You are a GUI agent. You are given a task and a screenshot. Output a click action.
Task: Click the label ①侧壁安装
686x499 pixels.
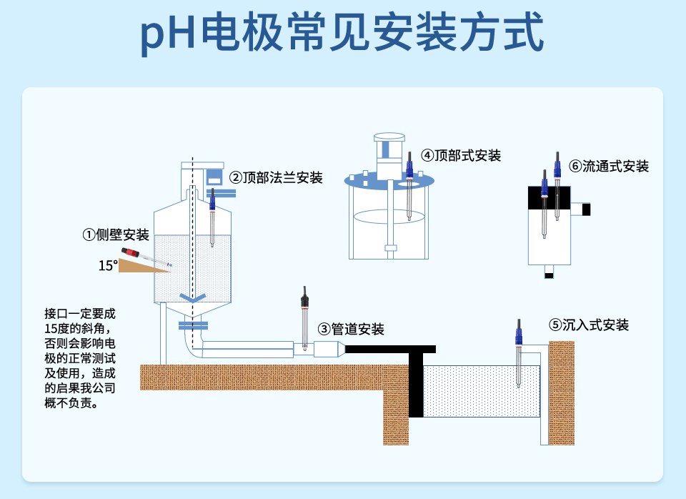coord(115,235)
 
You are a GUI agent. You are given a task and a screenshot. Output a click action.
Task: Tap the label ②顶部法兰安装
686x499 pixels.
coord(276,177)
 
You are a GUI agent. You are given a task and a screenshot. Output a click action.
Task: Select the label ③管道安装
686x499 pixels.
coord(351,329)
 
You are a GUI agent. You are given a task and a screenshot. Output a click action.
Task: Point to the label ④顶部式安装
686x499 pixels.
coord(461,155)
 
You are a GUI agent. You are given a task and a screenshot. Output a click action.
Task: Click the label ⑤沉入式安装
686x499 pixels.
coord(589,325)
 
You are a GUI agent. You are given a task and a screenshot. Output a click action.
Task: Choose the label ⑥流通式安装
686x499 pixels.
coord(609,167)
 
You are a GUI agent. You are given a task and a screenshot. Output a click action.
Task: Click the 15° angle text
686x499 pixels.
coord(108,266)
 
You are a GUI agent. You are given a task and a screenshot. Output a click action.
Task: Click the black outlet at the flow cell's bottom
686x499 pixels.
coord(549,274)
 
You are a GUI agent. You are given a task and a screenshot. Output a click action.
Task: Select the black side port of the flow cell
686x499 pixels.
coord(586,209)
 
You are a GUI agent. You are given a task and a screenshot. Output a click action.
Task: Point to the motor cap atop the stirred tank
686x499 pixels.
coord(389,137)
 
